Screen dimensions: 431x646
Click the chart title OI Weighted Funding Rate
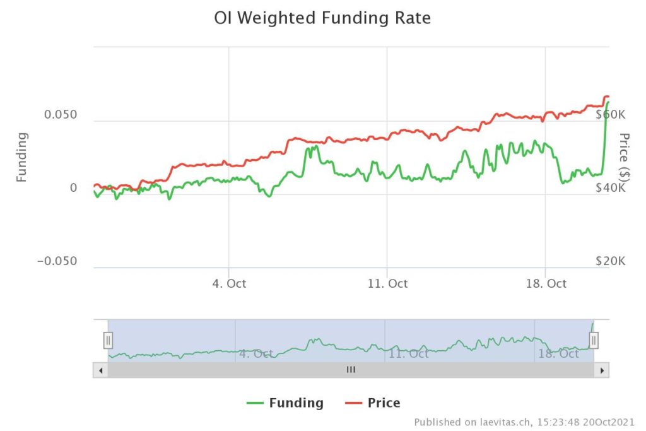click(x=322, y=18)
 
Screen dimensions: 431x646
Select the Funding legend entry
click(x=285, y=403)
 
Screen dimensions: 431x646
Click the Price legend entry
click(x=373, y=403)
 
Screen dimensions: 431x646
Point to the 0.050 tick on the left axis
click(x=61, y=115)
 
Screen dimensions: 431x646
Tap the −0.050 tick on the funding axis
click(x=57, y=261)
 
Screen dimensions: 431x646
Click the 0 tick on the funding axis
click(x=73, y=188)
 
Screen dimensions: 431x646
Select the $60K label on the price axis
click(x=610, y=115)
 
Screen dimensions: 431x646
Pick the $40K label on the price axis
click(x=610, y=188)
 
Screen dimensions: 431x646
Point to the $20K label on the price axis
click(x=610, y=261)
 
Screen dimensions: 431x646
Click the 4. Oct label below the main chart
click(x=228, y=283)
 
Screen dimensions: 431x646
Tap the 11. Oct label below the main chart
click(x=387, y=283)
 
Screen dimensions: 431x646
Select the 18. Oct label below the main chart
click(x=546, y=283)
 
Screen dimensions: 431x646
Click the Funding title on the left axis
click(x=22, y=157)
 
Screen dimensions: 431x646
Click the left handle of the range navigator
click(x=108, y=341)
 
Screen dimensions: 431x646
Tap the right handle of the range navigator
click(x=594, y=341)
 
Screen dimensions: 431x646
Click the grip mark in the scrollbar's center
click(x=351, y=370)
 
